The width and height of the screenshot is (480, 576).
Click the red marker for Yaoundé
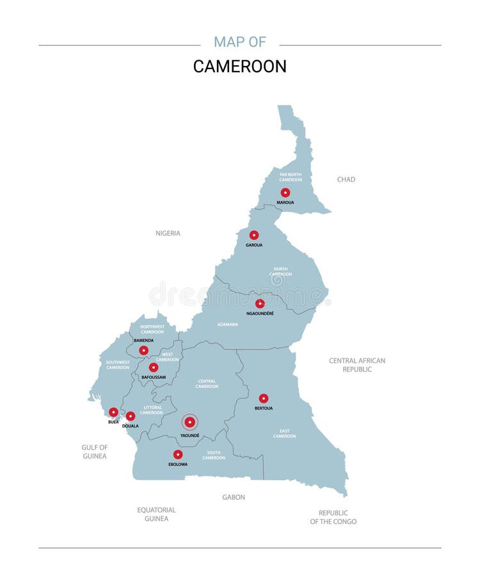(189, 422)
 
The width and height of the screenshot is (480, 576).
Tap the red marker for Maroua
(285, 193)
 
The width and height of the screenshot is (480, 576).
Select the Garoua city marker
(254, 235)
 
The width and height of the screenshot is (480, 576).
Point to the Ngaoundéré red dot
(260, 303)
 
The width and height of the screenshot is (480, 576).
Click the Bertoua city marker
(264, 398)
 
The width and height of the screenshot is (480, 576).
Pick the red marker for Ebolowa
(178, 454)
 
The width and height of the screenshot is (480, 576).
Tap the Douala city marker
(131, 416)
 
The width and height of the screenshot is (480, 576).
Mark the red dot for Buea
(113, 412)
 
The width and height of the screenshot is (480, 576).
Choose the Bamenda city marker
(143, 350)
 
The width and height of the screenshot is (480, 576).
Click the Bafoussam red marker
(154, 367)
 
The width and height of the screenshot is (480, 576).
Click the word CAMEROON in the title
(239, 67)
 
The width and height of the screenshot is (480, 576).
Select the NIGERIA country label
(168, 234)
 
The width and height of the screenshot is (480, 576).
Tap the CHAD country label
(346, 180)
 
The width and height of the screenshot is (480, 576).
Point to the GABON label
(234, 497)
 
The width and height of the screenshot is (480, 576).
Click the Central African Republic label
(357, 365)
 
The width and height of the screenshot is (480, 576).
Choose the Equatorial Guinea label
(156, 515)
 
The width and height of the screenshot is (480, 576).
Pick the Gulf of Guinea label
(94, 452)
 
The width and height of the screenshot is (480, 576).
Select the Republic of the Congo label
(333, 517)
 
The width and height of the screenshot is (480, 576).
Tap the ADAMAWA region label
(228, 324)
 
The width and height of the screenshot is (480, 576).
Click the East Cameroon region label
(285, 433)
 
